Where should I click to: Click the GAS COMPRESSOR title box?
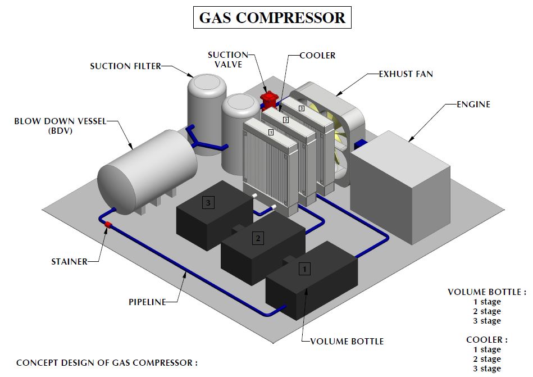click(x=272, y=17)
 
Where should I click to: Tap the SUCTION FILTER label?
click(x=125, y=66)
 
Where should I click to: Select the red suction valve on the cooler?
click(x=270, y=101)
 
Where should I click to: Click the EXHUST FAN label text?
click(x=406, y=74)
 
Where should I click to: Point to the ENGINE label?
click(x=473, y=104)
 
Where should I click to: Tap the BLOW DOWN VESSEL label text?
click(x=60, y=121)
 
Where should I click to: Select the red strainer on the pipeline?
click(x=108, y=225)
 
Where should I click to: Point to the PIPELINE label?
click(x=147, y=302)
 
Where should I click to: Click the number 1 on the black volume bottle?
click(x=304, y=269)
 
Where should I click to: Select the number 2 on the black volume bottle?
click(x=258, y=238)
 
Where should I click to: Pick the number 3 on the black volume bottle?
click(x=208, y=203)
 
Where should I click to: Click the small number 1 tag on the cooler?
click(x=271, y=132)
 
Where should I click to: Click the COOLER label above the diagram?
click(x=317, y=55)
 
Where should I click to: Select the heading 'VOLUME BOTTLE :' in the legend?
click(x=487, y=292)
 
